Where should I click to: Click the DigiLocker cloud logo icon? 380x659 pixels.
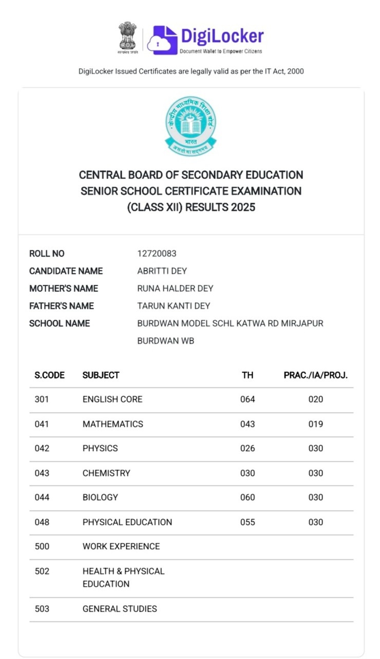(162, 40)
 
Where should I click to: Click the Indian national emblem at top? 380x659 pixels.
(127, 37)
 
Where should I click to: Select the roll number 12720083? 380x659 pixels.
(157, 254)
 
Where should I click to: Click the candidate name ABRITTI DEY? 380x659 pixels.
(162, 271)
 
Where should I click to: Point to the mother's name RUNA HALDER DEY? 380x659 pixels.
(175, 288)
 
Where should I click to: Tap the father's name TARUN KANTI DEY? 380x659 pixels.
(174, 306)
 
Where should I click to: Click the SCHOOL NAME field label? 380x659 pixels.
(60, 323)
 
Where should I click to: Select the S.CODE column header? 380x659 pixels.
(50, 375)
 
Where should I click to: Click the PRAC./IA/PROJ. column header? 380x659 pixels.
(316, 375)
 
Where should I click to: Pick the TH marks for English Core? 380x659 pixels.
(248, 399)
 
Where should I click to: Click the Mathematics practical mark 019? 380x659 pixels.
(316, 424)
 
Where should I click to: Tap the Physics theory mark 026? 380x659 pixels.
(248, 448)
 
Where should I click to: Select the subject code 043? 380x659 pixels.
(42, 473)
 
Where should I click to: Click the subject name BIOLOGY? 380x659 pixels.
(100, 497)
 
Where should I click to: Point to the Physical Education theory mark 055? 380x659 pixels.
(248, 522)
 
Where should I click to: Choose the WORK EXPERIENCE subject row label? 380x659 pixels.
(121, 546)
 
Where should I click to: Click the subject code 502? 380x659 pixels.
(42, 571)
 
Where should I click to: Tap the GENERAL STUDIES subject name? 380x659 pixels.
(120, 609)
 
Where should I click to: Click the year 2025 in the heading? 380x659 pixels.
(243, 207)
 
